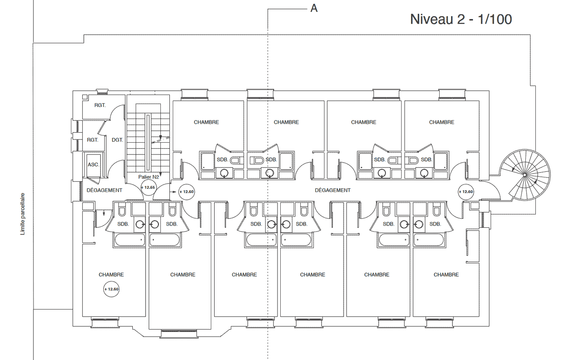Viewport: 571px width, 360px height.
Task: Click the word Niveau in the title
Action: click(431, 19)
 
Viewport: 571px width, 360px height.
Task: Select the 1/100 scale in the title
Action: click(495, 19)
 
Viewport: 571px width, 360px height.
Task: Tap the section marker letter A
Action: click(314, 9)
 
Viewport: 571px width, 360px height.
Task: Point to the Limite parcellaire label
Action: click(23, 214)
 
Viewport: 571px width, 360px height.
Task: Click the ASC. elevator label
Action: click(93, 165)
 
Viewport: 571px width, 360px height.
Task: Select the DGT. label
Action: click(117, 140)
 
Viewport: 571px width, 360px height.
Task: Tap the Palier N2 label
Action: click(148, 177)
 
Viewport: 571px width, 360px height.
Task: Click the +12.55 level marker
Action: click(148, 187)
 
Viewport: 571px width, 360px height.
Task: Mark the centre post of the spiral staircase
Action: click(524, 175)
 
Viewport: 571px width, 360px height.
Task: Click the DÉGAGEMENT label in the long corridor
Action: click(333, 190)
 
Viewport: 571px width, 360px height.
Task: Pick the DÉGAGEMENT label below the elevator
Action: click(104, 190)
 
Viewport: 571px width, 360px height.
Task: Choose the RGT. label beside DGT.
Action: click(92, 140)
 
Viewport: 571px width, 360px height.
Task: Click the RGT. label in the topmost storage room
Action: click(100, 105)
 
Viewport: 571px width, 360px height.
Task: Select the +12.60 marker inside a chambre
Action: click(111, 289)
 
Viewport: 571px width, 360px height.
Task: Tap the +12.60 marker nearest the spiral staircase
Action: click(466, 192)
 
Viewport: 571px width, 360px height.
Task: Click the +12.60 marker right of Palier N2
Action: click(187, 192)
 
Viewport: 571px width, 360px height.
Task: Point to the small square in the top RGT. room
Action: click(85, 97)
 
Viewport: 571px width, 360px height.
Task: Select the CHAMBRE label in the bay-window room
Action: click(183, 275)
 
